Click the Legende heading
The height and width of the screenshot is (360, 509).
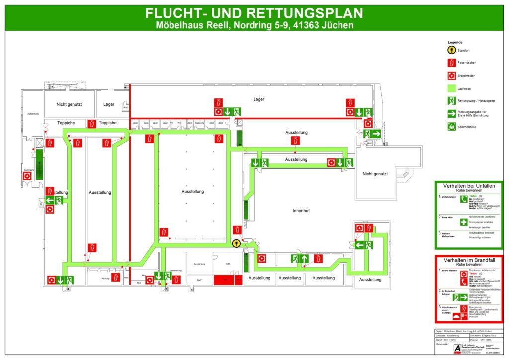[455, 42]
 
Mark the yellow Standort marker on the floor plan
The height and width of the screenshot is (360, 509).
[237, 243]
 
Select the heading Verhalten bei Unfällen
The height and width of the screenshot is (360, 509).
[469, 186]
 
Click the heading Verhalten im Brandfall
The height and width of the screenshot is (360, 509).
[469, 260]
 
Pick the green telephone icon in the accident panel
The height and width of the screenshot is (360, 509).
[463, 199]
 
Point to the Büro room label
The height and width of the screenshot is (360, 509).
[228, 263]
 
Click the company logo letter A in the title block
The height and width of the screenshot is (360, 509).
[443, 348]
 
